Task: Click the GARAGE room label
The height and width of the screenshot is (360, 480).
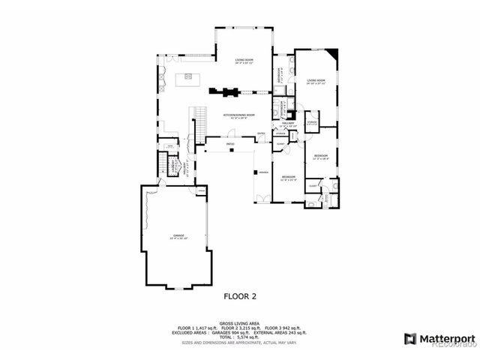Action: pyautogui.click(x=179, y=236)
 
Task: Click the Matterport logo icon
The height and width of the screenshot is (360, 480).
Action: pyautogui.click(x=409, y=338)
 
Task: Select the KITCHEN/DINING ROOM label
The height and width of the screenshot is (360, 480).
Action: pyautogui.click(x=239, y=115)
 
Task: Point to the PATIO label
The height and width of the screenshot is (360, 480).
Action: pyautogui.click(x=231, y=142)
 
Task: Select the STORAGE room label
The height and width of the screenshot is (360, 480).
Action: pyautogui.click(x=312, y=123)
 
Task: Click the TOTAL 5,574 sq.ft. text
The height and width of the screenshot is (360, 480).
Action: pyautogui.click(x=239, y=336)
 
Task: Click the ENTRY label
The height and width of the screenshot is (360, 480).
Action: pyautogui.click(x=262, y=133)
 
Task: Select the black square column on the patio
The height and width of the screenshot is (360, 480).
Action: pyautogui.click(x=232, y=149)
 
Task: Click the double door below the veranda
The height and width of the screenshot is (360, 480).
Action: pyautogui.click(x=262, y=198)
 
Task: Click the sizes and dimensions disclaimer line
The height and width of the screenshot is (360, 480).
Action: pyautogui.click(x=239, y=342)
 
